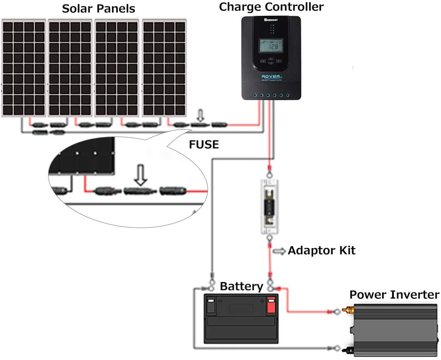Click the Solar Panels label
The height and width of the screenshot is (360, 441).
(x=98, y=9)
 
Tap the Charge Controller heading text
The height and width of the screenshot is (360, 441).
(x=271, y=7)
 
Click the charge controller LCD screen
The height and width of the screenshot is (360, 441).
(x=271, y=45)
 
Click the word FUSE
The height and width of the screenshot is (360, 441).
(x=204, y=145)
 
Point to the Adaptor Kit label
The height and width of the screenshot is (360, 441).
(x=321, y=250)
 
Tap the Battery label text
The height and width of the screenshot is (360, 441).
(x=241, y=286)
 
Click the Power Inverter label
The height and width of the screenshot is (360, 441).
(x=394, y=295)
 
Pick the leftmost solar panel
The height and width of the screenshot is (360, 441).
(x=24, y=68)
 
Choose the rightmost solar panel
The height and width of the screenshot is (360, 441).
(x=164, y=68)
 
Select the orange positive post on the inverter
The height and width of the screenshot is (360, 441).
(x=348, y=311)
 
